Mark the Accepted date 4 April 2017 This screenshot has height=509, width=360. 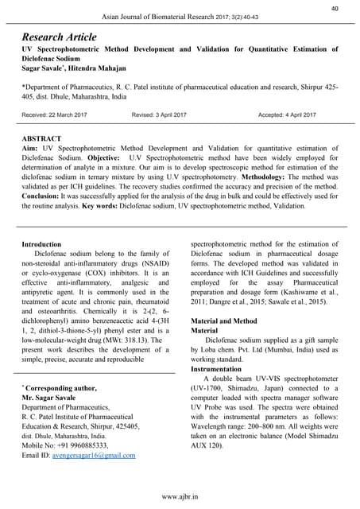click(x=287, y=115)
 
